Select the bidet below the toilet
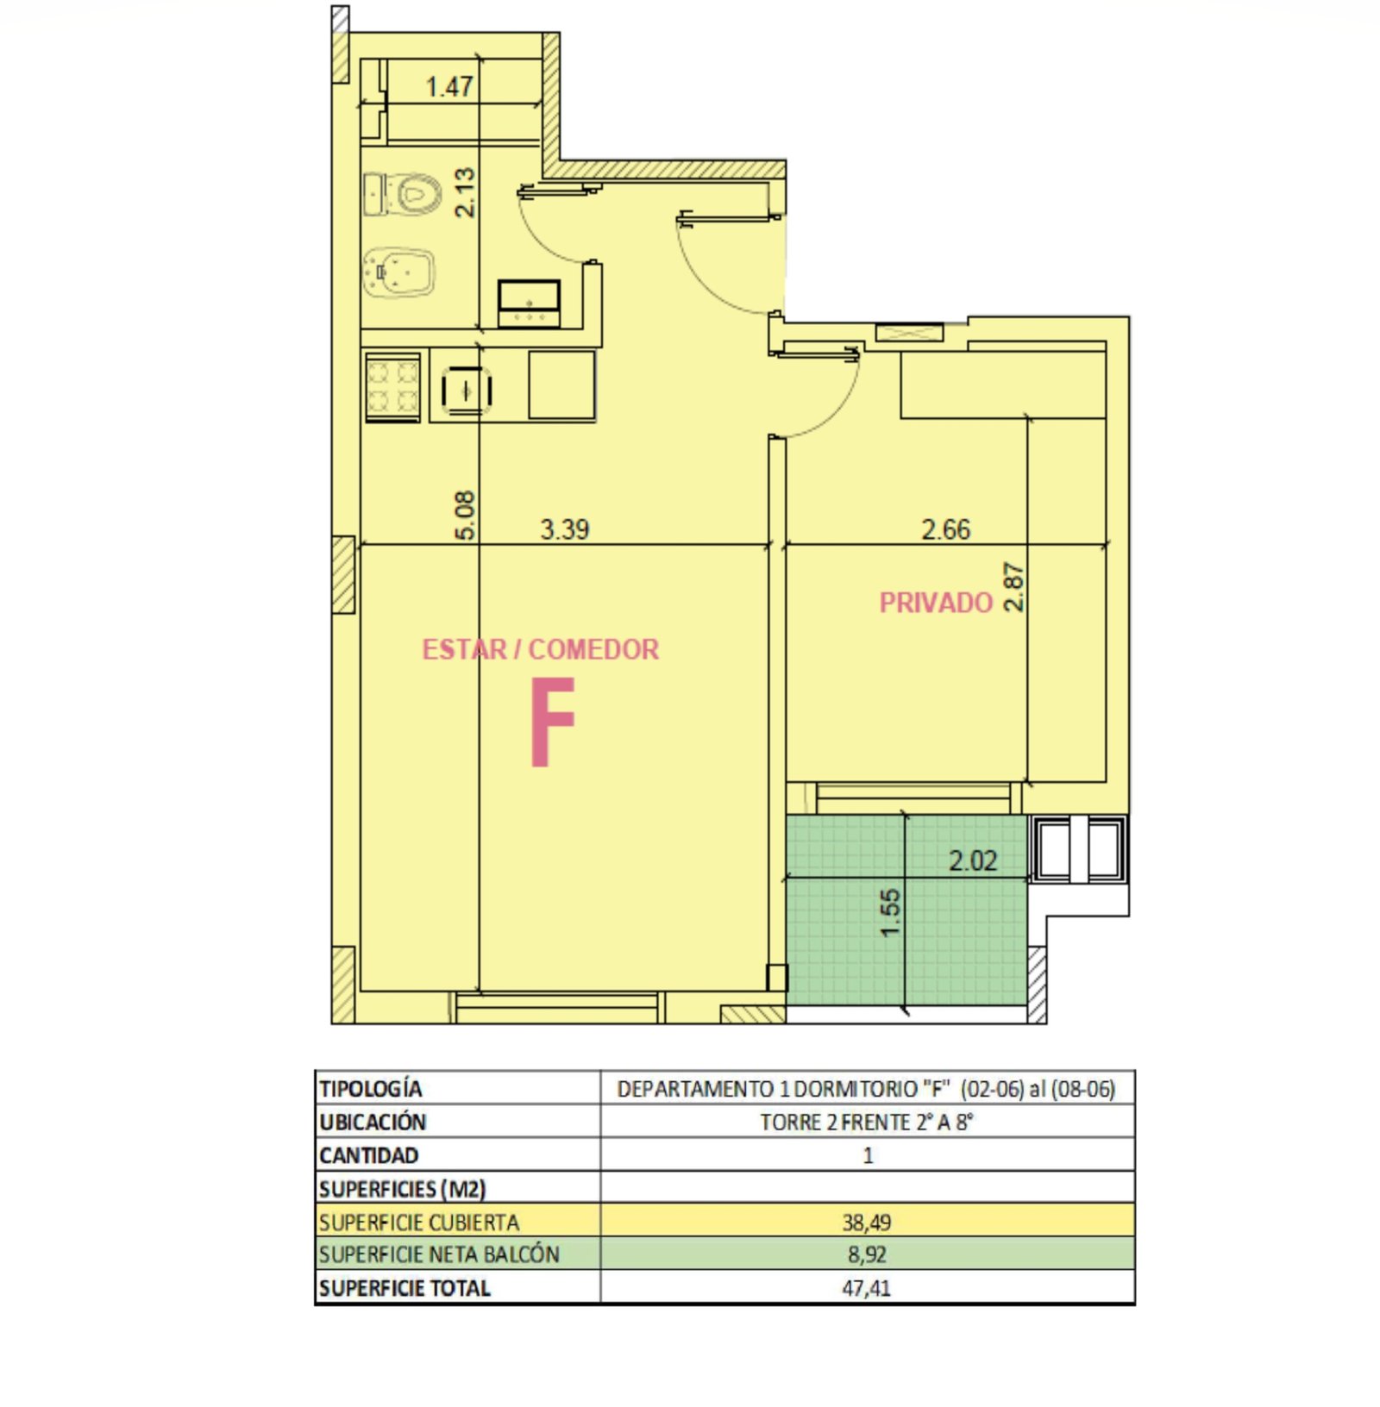[x=399, y=272]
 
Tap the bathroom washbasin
[x=529, y=303]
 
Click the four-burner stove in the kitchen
[x=393, y=386]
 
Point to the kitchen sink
[x=467, y=390]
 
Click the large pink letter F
[x=552, y=722]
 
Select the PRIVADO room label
[x=936, y=603]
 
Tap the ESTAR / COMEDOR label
[x=540, y=649]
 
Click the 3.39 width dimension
[x=565, y=528]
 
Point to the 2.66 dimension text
[x=946, y=528]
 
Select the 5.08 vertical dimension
[x=464, y=516]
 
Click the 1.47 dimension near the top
[x=449, y=86]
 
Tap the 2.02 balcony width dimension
[x=973, y=860]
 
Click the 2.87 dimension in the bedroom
[x=1013, y=587]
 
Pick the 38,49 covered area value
[x=867, y=1222]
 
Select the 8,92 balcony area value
[x=867, y=1254]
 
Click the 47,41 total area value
[x=867, y=1288]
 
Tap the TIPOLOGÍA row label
[x=371, y=1088]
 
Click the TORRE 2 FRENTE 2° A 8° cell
[x=867, y=1122]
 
